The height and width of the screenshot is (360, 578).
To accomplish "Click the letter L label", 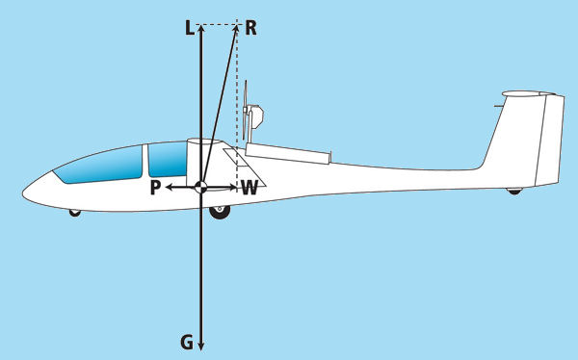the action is (x=190, y=28).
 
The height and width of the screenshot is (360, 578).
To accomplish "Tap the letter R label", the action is (x=250, y=28).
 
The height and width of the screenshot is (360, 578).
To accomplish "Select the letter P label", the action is (x=155, y=188).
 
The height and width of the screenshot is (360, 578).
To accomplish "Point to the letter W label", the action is (x=250, y=188).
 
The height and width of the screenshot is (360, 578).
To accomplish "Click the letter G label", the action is (x=187, y=343).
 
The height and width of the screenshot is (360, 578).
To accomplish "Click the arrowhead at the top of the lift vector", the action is (x=201, y=28).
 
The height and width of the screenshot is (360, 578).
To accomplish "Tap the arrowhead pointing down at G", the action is (x=201, y=346).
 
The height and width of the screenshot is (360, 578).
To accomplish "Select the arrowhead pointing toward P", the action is (x=170, y=188).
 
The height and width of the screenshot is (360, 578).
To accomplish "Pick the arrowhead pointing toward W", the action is (x=233, y=188).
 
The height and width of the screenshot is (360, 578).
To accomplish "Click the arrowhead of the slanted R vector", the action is (x=234, y=30).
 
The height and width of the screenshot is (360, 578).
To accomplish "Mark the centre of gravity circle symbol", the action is (x=201, y=188).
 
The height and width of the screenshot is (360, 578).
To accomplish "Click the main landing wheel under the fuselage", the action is (x=220, y=212).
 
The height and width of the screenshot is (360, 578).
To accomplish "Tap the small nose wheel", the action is (x=75, y=213).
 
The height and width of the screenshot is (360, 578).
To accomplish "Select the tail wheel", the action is (x=514, y=191).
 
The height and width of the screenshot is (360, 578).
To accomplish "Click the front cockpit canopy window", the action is (x=99, y=165).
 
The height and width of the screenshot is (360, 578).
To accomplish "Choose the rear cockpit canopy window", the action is (x=168, y=159).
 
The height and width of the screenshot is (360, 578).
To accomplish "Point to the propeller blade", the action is (x=245, y=110).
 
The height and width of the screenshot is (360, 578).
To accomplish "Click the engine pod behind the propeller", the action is (x=256, y=116).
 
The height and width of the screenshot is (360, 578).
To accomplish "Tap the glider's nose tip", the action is (x=23, y=193).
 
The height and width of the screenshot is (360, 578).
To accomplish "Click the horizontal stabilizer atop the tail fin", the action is (x=529, y=93).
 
